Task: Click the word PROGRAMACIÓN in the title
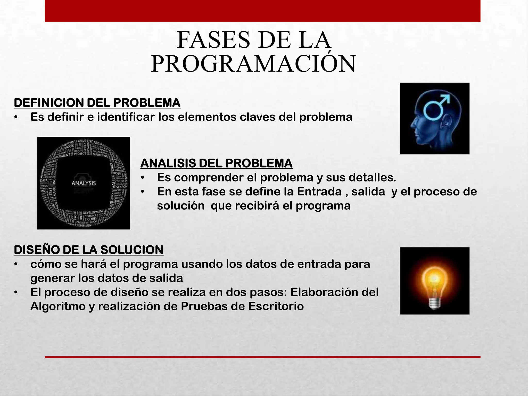click(253, 64)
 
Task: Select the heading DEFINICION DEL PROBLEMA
click(97, 103)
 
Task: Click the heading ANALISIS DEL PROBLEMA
click(216, 163)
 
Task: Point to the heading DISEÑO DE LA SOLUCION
click(88, 250)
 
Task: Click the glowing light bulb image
click(434, 281)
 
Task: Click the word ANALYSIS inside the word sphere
click(84, 183)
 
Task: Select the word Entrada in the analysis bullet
click(319, 192)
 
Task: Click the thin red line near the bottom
click(262, 357)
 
